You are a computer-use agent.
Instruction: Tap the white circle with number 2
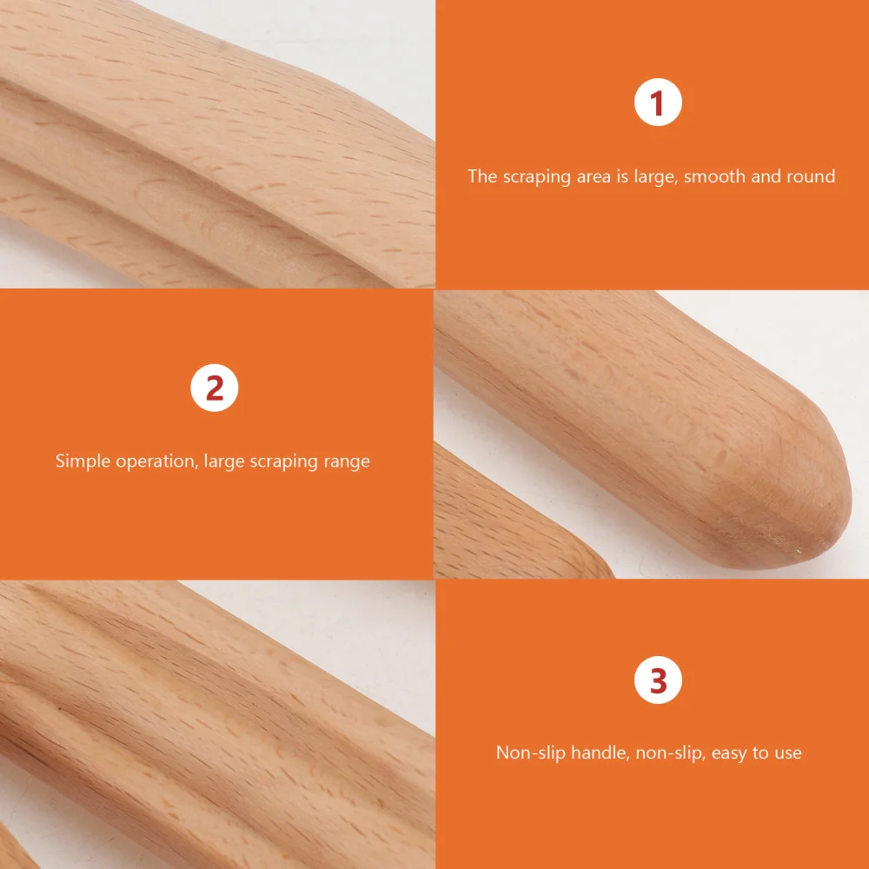pyautogui.click(x=214, y=388)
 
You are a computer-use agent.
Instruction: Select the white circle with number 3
pyautogui.click(x=658, y=681)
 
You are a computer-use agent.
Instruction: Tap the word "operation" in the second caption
pyautogui.click(x=156, y=461)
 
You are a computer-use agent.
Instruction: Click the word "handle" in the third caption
pyautogui.click(x=599, y=753)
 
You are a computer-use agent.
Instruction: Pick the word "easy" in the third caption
pyautogui.click(x=729, y=753)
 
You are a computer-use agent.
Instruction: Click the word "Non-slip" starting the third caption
pyautogui.click(x=530, y=753)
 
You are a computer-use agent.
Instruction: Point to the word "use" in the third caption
pyautogui.click(x=787, y=753)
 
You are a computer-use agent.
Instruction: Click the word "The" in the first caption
pyautogui.click(x=482, y=176)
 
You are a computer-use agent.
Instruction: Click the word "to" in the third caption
pyautogui.click(x=760, y=753)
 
